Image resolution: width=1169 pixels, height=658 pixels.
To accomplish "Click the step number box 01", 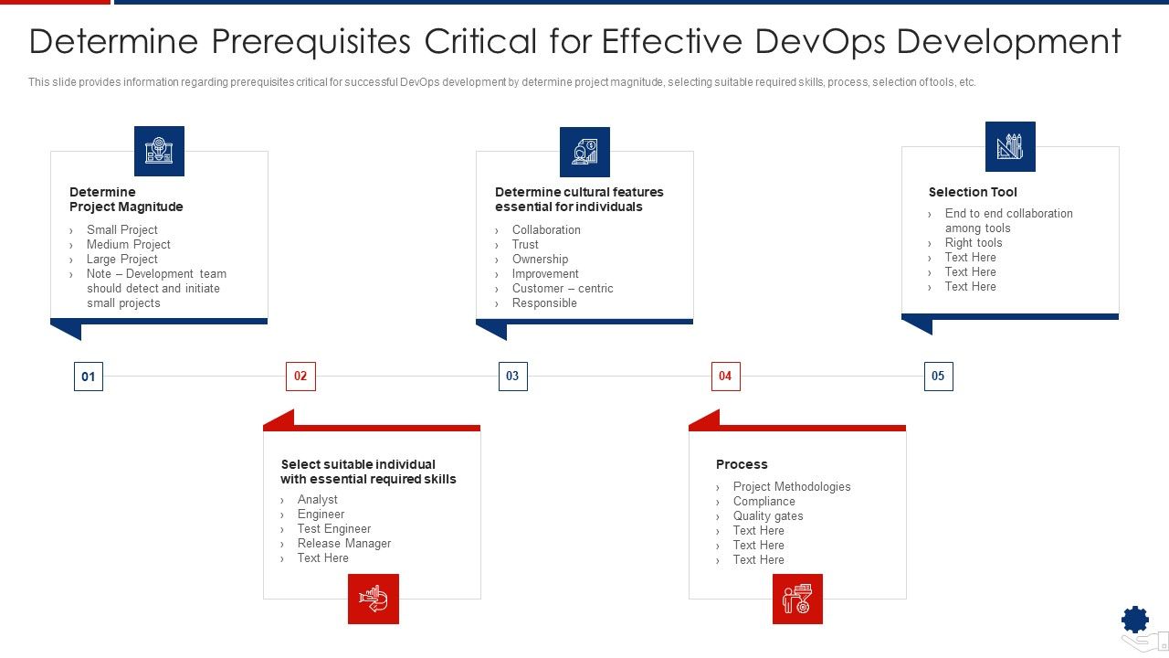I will pos(89,377).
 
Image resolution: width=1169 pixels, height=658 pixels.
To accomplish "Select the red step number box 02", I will pos(300,376).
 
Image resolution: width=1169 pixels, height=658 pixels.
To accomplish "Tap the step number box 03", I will pos(512,376).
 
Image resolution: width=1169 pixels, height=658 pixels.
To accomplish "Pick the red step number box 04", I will pos(725,376).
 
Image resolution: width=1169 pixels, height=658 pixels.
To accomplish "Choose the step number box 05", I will pos(938,376).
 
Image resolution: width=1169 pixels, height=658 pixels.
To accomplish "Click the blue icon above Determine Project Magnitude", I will pos(159,151).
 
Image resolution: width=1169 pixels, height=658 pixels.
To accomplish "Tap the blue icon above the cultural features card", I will pos(584,152).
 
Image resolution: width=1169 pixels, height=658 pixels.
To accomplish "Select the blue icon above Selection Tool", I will pos(1010,146).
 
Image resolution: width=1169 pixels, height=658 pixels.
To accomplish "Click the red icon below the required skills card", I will pos(374,599).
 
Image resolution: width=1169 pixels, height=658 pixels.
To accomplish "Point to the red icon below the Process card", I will pos(797,599).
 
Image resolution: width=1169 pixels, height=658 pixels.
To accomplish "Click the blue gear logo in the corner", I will pos(1135,621).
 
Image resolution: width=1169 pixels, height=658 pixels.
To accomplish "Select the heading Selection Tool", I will pos(973,192).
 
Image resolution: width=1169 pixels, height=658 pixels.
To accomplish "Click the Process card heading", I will pos(742,464).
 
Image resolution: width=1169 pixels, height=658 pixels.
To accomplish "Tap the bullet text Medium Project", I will pos(128,244).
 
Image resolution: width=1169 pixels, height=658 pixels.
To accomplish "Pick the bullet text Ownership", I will pos(540,259).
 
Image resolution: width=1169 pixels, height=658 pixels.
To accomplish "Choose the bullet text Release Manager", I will pos(343,543).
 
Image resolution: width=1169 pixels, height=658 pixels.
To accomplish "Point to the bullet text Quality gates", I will pos(768,515).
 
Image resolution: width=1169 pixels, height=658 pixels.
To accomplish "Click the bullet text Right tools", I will pos(974,242).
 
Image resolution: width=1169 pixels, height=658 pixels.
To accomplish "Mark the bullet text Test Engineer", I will pos(333,528).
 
